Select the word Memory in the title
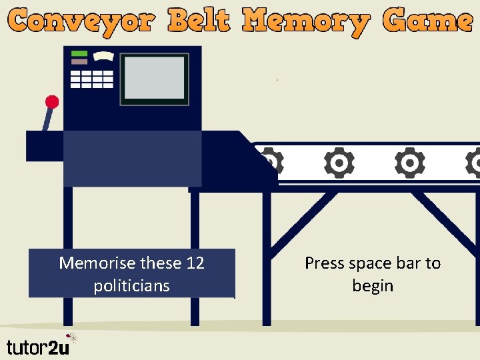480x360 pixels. tap(306, 22)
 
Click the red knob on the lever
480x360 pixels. tap(52, 102)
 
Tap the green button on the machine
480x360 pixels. tap(79, 53)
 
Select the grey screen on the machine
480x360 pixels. tap(155, 78)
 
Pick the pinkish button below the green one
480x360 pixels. tap(79, 61)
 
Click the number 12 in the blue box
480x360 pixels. tap(195, 263)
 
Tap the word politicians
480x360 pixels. tap(132, 286)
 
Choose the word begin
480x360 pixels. tap(373, 286)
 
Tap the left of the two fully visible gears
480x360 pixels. tap(339, 163)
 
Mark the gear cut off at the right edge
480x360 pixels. tap(473, 163)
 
